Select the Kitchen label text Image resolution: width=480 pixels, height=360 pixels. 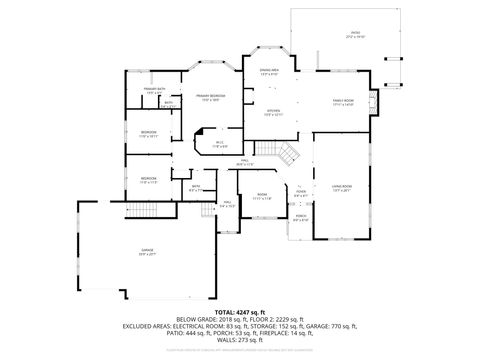(x=273, y=113)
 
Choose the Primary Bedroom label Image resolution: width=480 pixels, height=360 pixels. (x=211, y=97)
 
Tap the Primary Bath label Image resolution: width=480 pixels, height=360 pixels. (x=152, y=91)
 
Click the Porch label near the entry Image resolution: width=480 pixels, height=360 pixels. (x=300, y=217)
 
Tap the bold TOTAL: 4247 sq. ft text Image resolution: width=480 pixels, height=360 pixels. (x=239, y=311)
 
